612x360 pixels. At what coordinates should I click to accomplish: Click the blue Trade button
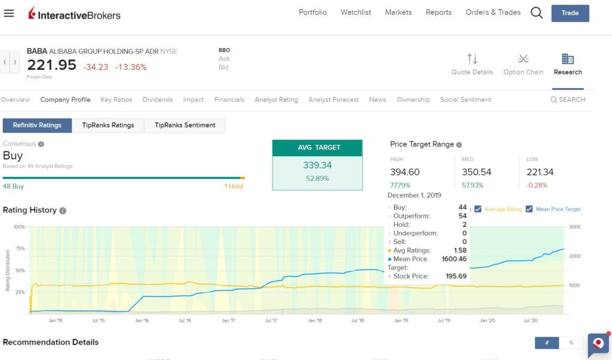click(x=570, y=13)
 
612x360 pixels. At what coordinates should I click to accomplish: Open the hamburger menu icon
click(x=9, y=13)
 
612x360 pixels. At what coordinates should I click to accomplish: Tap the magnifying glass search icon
click(x=537, y=13)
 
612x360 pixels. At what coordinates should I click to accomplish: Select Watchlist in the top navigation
click(x=356, y=13)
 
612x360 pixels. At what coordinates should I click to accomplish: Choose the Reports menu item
click(x=439, y=13)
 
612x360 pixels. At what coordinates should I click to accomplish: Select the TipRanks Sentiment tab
click(x=185, y=126)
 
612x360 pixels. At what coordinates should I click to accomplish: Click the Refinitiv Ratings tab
click(x=37, y=126)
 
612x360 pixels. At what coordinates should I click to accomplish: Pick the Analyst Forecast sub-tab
click(x=333, y=100)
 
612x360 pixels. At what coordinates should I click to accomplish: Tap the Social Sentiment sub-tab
click(x=466, y=100)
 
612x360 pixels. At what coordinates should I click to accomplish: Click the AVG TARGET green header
click(x=317, y=148)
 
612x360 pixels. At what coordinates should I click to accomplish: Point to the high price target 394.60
click(x=405, y=172)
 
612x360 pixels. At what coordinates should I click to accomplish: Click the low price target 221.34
click(x=540, y=172)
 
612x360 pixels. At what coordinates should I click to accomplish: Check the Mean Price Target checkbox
click(x=529, y=209)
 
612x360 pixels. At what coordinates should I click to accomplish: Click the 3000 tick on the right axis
click(x=575, y=227)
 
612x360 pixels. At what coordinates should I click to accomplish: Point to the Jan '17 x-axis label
click(x=228, y=321)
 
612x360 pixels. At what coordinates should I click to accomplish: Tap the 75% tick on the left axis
click(x=20, y=249)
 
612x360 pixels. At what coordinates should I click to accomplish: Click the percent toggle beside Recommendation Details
click(x=571, y=343)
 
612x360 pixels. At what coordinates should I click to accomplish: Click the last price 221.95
click(x=51, y=65)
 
